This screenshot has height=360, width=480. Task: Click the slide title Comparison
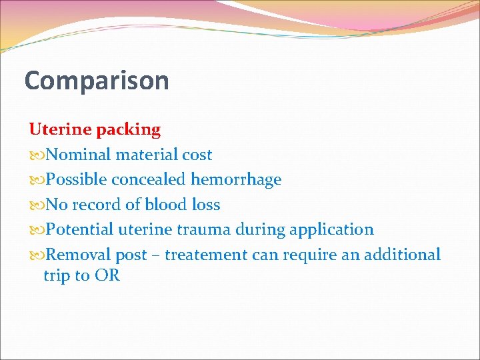tap(97, 81)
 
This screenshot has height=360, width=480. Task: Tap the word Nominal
tap(79, 155)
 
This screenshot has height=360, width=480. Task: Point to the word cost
tap(197, 155)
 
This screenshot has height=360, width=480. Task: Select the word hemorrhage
tap(236, 180)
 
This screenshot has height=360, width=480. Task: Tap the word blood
tap(165, 205)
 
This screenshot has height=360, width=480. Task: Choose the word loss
tap(205, 205)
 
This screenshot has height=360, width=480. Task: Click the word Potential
tap(80, 229)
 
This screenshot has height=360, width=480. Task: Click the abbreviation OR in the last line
tap(107, 275)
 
